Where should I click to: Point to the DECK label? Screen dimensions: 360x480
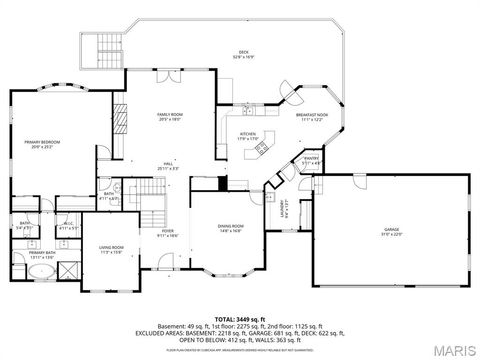pyautogui.click(x=243, y=53)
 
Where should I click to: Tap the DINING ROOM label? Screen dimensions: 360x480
pyautogui.click(x=231, y=228)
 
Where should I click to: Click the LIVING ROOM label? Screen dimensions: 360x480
pyautogui.click(x=110, y=248)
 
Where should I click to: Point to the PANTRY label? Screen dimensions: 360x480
pyautogui.click(x=311, y=158)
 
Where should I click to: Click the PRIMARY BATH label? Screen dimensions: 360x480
pyautogui.click(x=41, y=255)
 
